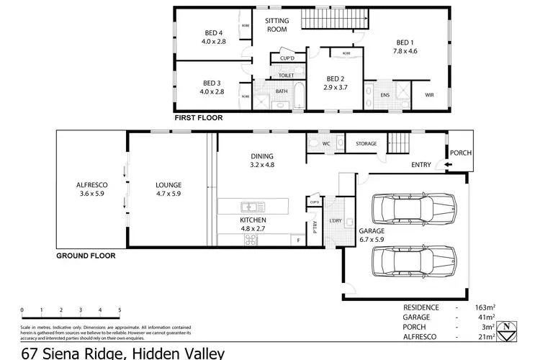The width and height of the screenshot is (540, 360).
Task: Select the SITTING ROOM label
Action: tap(276, 25)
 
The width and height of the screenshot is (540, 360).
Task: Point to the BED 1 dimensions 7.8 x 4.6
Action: tap(405, 51)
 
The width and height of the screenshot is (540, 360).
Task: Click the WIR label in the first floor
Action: tap(430, 94)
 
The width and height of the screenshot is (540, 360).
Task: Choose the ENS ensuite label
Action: tap(384, 94)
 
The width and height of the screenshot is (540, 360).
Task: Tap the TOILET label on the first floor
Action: tap(286, 75)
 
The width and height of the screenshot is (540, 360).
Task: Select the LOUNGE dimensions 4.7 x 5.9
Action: tap(168, 194)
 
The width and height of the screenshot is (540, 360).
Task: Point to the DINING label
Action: tap(261, 156)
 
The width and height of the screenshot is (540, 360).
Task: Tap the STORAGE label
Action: tap(366, 144)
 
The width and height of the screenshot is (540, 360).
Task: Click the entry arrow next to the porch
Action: tap(449, 166)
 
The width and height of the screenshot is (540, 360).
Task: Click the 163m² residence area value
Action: tap(485, 307)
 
